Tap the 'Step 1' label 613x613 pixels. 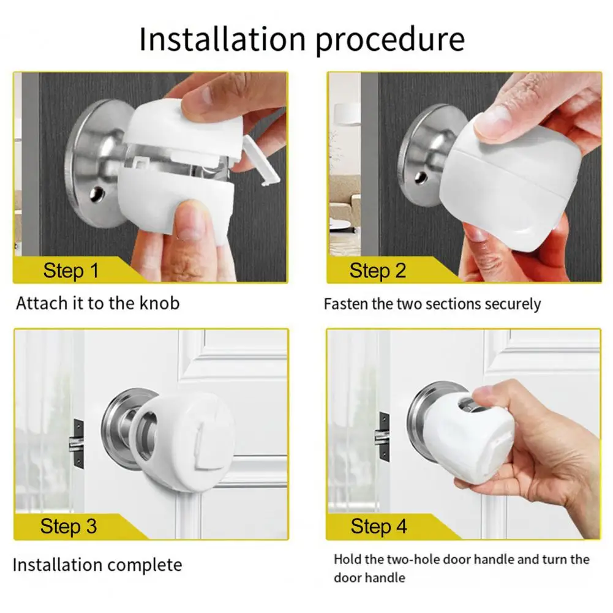[x=70, y=270]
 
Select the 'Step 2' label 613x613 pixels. [x=378, y=270]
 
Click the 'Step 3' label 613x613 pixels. [x=69, y=526]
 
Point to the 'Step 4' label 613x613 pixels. [x=378, y=526]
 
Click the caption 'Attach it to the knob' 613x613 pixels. [x=98, y=303]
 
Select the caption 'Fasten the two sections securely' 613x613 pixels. [x=432, y=304]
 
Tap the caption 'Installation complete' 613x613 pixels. [x=97, y=565]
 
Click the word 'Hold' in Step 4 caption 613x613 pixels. [x=347, y=559]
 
